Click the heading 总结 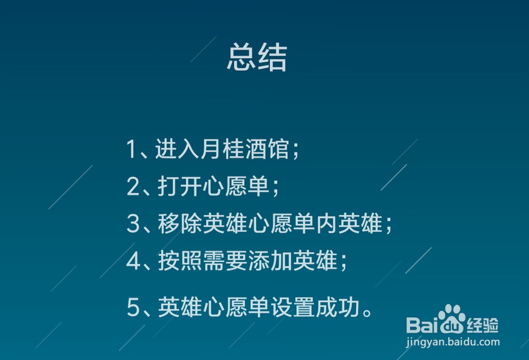pos(257,58)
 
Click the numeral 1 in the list pos(131,150)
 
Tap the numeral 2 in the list pos(132,187)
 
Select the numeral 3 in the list pos(132,224)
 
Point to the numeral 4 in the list pos(132,261)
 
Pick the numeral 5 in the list pos(132,308)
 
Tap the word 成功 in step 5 pos(339,308)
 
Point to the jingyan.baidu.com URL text pos(453,341)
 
